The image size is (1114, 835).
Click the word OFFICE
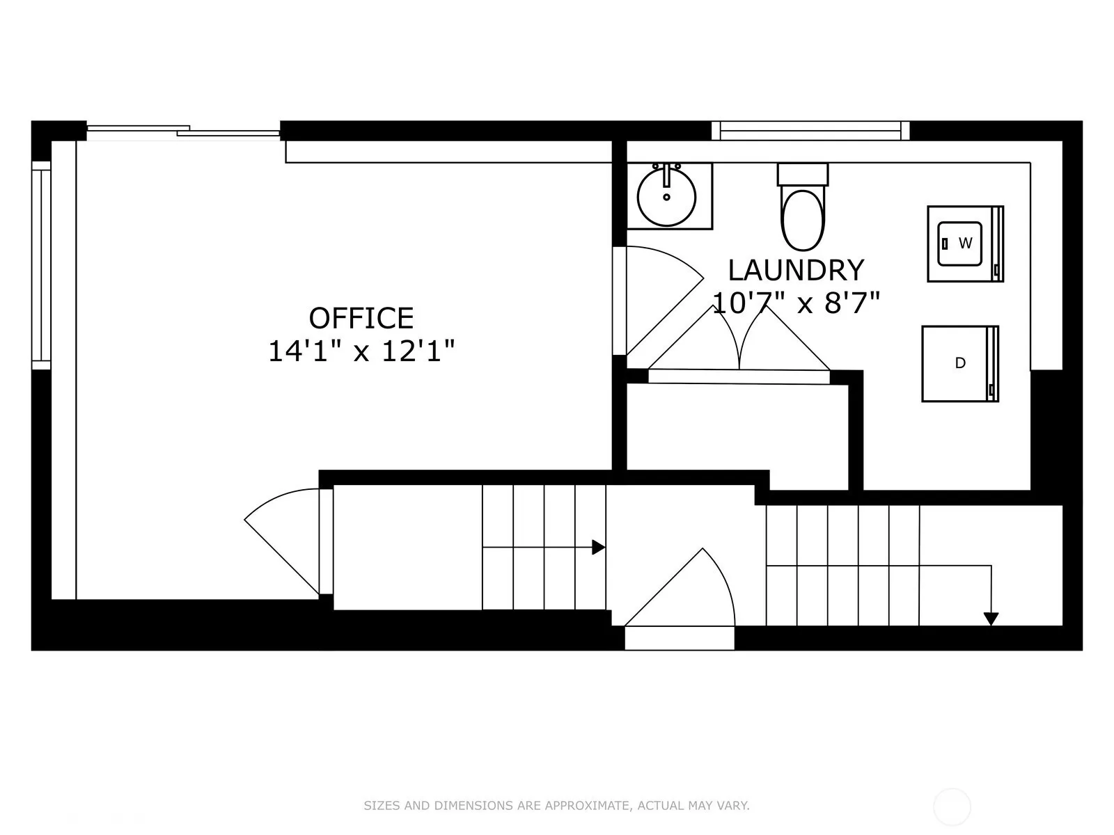361,319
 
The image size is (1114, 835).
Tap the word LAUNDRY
796,270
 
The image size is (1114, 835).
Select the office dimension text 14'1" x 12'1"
361,351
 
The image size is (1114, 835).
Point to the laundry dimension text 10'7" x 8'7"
796,303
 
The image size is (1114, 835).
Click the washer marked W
965,244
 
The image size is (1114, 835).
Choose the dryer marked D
960,363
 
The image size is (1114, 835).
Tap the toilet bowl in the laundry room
803,219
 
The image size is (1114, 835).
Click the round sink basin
666,197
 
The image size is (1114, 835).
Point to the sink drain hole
666,197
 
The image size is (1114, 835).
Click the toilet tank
803,174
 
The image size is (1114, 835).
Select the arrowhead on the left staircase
599,548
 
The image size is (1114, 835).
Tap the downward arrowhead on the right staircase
991,619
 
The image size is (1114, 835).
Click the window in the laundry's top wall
810,130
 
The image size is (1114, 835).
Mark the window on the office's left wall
41,265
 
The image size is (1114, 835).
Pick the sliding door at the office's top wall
183,132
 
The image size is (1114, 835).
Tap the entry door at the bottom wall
680,598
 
